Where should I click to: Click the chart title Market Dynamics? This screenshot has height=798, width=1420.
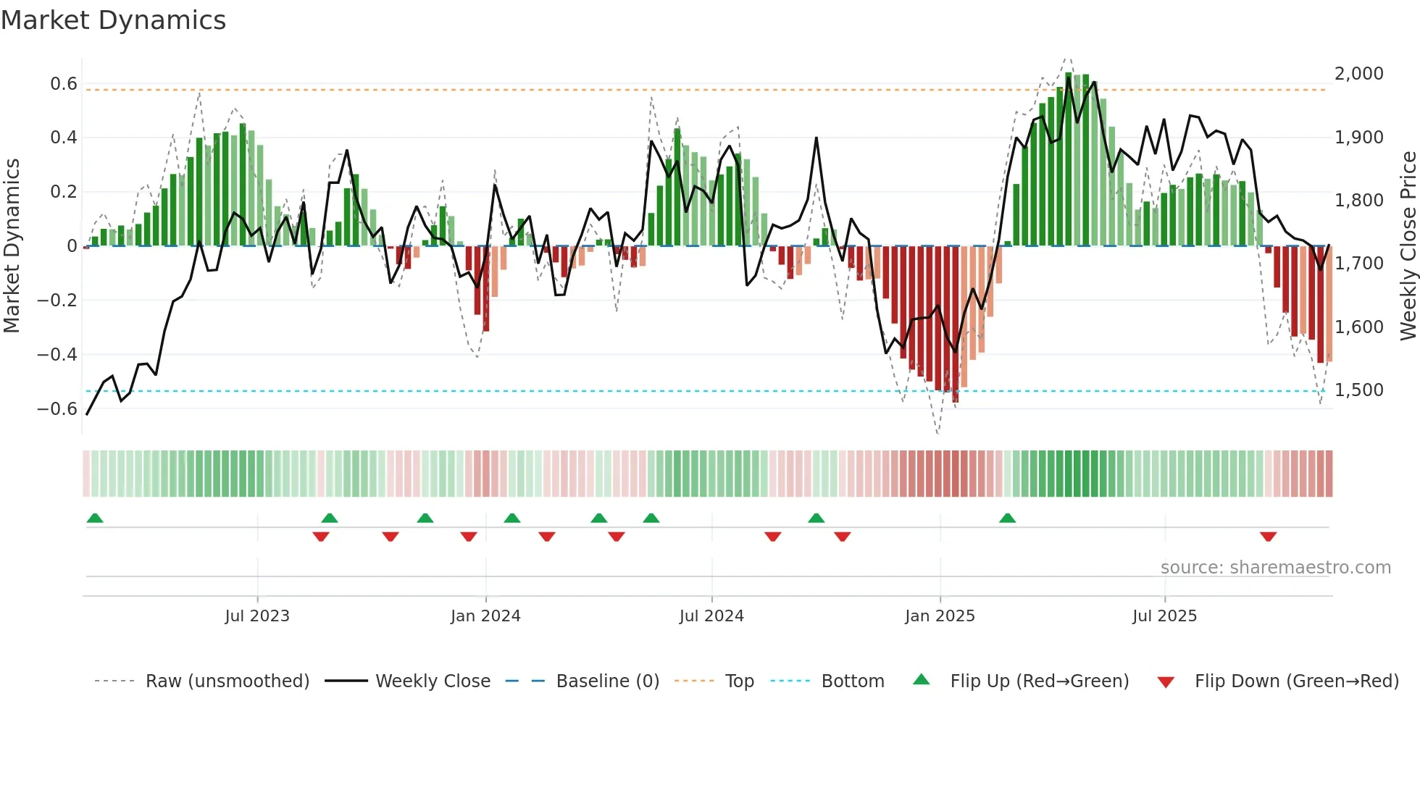pyautogui.click(x=113, y=20)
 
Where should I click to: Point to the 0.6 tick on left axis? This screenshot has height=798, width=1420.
pyautogui.click(x=64, y=84)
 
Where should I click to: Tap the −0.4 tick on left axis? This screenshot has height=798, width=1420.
pyautogui.click(x=57, y=355)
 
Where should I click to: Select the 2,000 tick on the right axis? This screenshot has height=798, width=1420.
pyautogui.click(x=1359, y=74)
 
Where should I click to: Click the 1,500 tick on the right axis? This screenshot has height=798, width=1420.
pyautogui.click(x=1359, y=390)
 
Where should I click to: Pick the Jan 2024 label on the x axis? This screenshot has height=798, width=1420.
pyautogui.click(x=485, y=616)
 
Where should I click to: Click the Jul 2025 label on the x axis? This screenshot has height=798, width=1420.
pyautogui.click(x=1164, y=616)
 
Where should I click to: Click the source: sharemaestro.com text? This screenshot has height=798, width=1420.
pyautogui.click(x=1275, y=568)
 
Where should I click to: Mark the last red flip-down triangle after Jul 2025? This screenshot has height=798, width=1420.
pyautogui.click(x=1268, y=537)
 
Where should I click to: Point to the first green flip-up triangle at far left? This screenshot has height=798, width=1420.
pyautogui.click(x=95, y=518)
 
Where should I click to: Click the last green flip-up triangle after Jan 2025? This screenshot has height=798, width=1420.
pyautogui.click(x=1007, y=518)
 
